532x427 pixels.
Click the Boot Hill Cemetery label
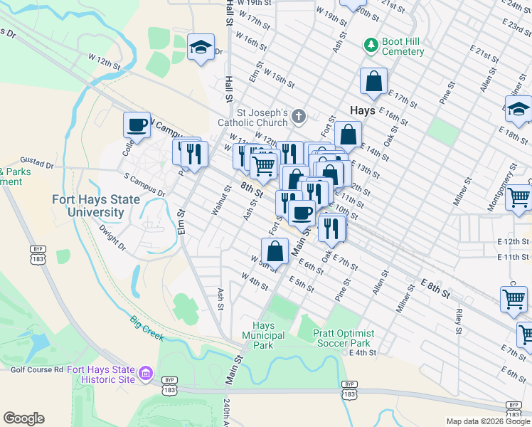(x=403, y=46)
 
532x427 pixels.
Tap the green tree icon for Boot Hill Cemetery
(x=371, y=45)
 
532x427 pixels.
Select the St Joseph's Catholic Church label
(x=262, y=117)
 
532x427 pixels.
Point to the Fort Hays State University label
(x=88, y=206)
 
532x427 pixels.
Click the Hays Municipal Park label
(x=263, y=335)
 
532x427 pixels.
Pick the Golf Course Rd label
(x=37, y=369)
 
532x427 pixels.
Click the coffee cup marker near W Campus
(x=137, y=125)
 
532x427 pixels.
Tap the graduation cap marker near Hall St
(x=201, y=48)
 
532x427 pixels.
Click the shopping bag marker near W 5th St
(x=275, y=251)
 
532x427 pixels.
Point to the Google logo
(x=23, y=418)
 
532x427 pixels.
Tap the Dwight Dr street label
(x=112, y=237)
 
